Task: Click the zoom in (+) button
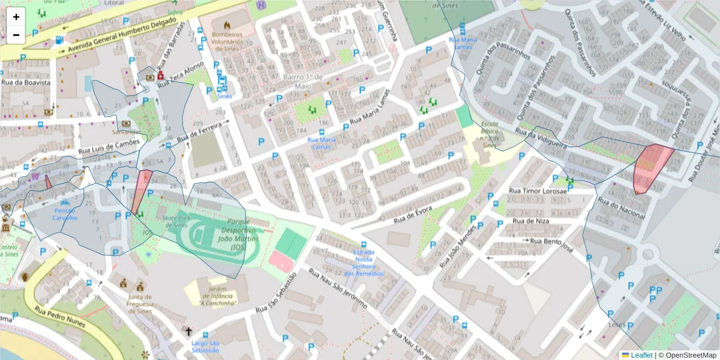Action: coord(16,17)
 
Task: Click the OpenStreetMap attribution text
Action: coord(687,355)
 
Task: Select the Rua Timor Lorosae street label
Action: coord(538,191)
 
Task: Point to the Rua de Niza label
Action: coord(529,221)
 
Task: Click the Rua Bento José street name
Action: coord(550,241)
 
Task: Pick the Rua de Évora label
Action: coord(413,217)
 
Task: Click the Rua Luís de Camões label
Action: coord(112,146)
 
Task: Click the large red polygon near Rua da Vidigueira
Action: coord(652,167)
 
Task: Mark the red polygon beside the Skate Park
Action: coord(142,189)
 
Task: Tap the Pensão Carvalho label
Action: coord(65,214)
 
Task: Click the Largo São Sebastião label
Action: coord(205,346)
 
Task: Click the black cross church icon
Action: coord(188,331)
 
